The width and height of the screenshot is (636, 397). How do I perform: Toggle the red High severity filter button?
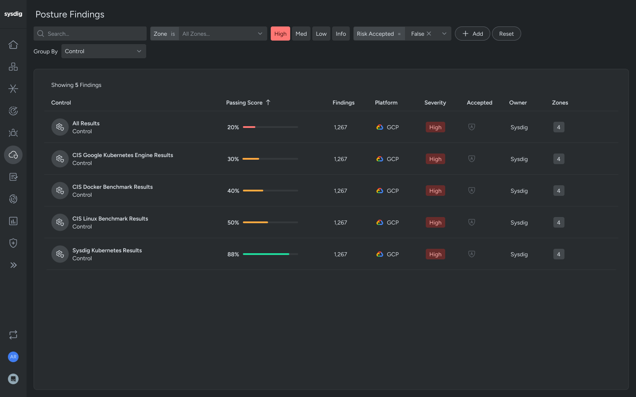point(280,34)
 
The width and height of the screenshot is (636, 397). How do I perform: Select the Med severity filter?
point(301,34)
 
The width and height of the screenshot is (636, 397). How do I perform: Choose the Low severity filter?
point(321,34)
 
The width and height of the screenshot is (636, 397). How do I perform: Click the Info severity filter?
point(341,34)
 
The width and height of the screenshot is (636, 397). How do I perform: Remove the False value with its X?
point(429,34)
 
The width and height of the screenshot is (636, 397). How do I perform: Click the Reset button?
point(506,34)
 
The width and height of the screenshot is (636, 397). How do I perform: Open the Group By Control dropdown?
point(103,51)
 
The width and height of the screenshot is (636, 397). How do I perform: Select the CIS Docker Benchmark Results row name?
point(112,187)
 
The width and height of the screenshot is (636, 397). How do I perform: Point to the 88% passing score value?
point(233,254)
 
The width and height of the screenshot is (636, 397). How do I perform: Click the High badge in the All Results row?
point(435,127)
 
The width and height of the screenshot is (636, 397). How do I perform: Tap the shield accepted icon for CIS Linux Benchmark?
point(471,222)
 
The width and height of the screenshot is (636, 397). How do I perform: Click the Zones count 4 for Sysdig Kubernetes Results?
point(558,254)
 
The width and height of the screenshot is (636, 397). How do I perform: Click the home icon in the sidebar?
point(13,45)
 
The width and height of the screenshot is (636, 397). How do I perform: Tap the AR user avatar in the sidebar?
point(13,356)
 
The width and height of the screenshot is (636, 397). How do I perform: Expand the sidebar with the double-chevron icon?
point(13,265)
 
